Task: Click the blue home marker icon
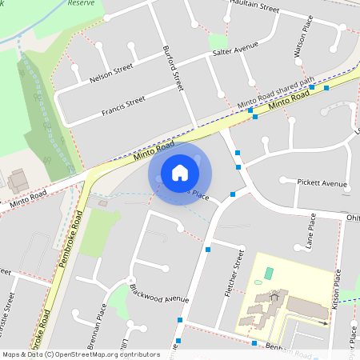pos(180,173)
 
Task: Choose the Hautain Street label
pos(254,6)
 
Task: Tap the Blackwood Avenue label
pos(158,293)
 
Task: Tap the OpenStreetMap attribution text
pos(80,354)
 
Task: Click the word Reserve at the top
pos(81,3)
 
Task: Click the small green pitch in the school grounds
pos(268,274)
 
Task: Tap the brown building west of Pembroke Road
pos(18,181)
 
